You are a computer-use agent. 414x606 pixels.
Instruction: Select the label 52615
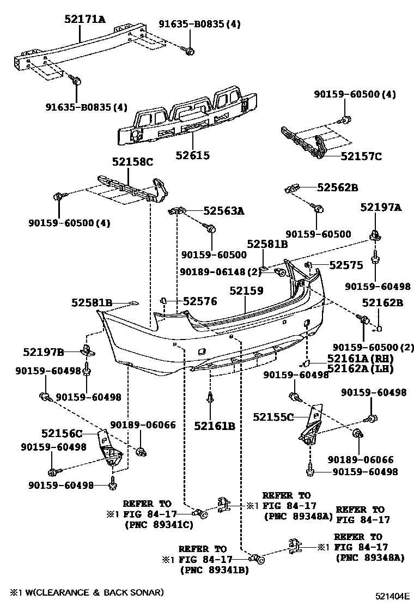click(x=192, y=155)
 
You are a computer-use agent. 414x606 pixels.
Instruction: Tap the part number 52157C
click(x=361, y=156)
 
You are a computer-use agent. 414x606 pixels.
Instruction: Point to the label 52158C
click(x=133, y=162)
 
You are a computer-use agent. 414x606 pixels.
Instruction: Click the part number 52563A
click(x=224, y=210)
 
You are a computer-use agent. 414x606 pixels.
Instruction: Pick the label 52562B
click(x=337, y=187)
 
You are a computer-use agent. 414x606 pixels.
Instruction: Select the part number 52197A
click(x=381, y=207)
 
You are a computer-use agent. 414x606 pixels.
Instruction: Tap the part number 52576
click(x=200, y=301)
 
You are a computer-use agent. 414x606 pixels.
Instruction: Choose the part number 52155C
click(x=273, y=417)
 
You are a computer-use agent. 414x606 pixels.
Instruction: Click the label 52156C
click(x=62, y=434)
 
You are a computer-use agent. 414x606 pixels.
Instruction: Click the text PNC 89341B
click(x=214, y=569)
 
